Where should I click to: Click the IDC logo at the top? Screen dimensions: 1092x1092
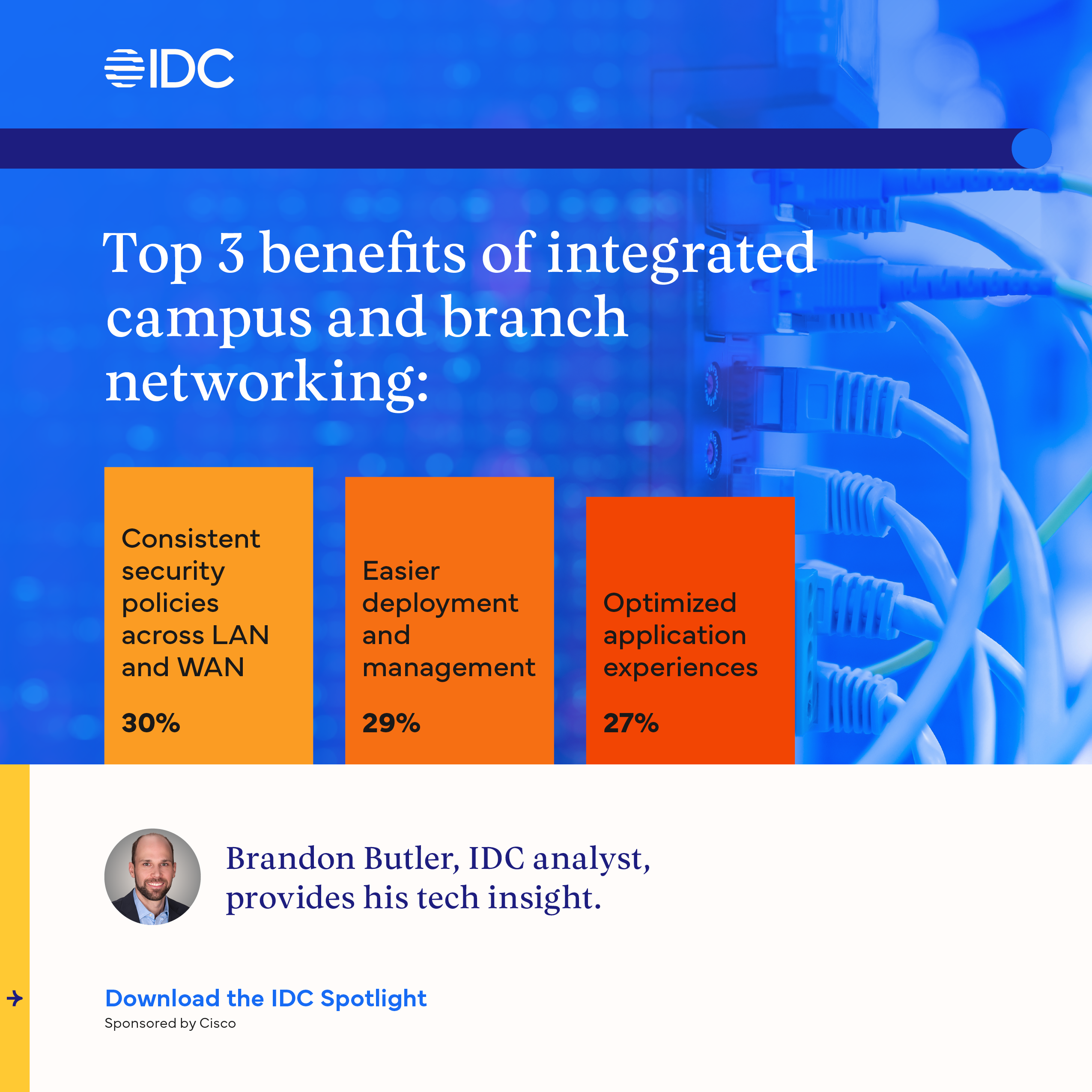click(x=169, y=69)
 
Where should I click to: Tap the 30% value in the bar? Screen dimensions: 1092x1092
click(x=151, y=723)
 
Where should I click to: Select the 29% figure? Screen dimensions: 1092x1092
click(x=391, y=723)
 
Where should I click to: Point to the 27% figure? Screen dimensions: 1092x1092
click(x=631, y=723)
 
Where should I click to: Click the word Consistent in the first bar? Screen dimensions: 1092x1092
click(x=191, y=539)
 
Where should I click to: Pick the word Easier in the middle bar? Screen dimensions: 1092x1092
click(x=401, y=571)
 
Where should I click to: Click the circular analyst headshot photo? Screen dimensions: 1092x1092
click(x=152, y=877)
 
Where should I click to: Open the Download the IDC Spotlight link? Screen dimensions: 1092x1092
click(x=266, y=999)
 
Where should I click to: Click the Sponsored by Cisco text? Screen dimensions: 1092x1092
click(x=170, y=1023)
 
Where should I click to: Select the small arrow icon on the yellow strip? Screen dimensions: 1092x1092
click(x=15, y=999)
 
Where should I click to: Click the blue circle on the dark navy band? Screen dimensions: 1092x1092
click(x=1032, y=148)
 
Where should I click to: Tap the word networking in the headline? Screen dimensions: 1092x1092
click(x=267, y=383)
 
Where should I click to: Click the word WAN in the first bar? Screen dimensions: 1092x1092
click(x=211, y=668)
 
